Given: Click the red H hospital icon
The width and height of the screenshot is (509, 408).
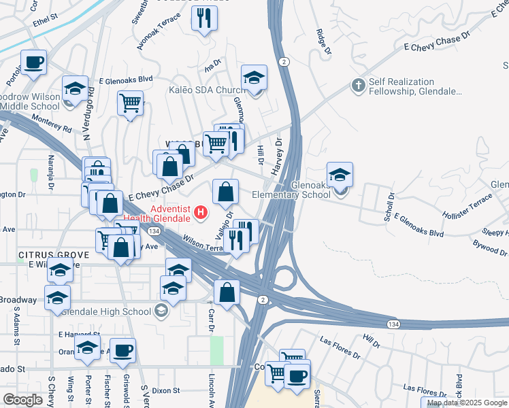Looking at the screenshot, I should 201,213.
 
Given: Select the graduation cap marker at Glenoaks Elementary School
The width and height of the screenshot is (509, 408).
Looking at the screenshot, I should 340,175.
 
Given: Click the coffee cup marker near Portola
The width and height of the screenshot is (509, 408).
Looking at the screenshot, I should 33,63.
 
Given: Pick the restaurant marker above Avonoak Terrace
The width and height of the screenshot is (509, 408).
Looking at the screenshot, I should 203,18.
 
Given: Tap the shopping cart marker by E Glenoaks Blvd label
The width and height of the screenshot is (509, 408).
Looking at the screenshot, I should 130,103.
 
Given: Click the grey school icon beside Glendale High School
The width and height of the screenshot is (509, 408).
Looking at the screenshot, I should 161,311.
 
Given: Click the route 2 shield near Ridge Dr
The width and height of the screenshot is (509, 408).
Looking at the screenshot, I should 284,62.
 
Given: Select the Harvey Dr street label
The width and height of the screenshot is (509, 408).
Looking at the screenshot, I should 278,156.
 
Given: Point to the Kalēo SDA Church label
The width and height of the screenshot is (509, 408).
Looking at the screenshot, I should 203,90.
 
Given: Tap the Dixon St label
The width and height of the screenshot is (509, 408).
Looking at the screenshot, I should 166,391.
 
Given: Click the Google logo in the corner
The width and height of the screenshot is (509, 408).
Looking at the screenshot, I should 22,400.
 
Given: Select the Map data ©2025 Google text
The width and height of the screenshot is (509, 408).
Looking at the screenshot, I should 467,403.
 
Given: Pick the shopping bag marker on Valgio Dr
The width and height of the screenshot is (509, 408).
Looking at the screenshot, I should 226,192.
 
